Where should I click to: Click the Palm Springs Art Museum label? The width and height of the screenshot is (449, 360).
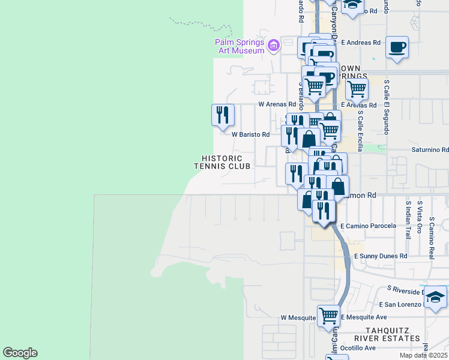(240, 46)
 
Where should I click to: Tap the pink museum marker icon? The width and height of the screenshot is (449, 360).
(274, 44)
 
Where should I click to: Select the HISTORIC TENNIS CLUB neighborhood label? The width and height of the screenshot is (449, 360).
(222, 162)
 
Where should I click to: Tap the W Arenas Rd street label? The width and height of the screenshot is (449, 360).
(277, 104)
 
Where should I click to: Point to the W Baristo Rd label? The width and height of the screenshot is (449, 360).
(250, 135)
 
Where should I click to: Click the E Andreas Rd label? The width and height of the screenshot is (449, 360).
(361, 43)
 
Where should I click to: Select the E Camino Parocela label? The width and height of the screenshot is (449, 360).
(368, 226)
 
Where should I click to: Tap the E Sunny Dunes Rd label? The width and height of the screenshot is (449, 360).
(381, 256)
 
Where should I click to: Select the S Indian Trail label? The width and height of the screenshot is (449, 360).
(409, 220)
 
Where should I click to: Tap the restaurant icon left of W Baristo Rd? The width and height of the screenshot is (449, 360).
(223, 113)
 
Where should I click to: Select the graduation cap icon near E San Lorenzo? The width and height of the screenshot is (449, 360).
(435, 296)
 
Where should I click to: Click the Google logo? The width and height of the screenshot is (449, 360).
(20, 353)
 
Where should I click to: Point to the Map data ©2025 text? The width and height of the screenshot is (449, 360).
(423, 355)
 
